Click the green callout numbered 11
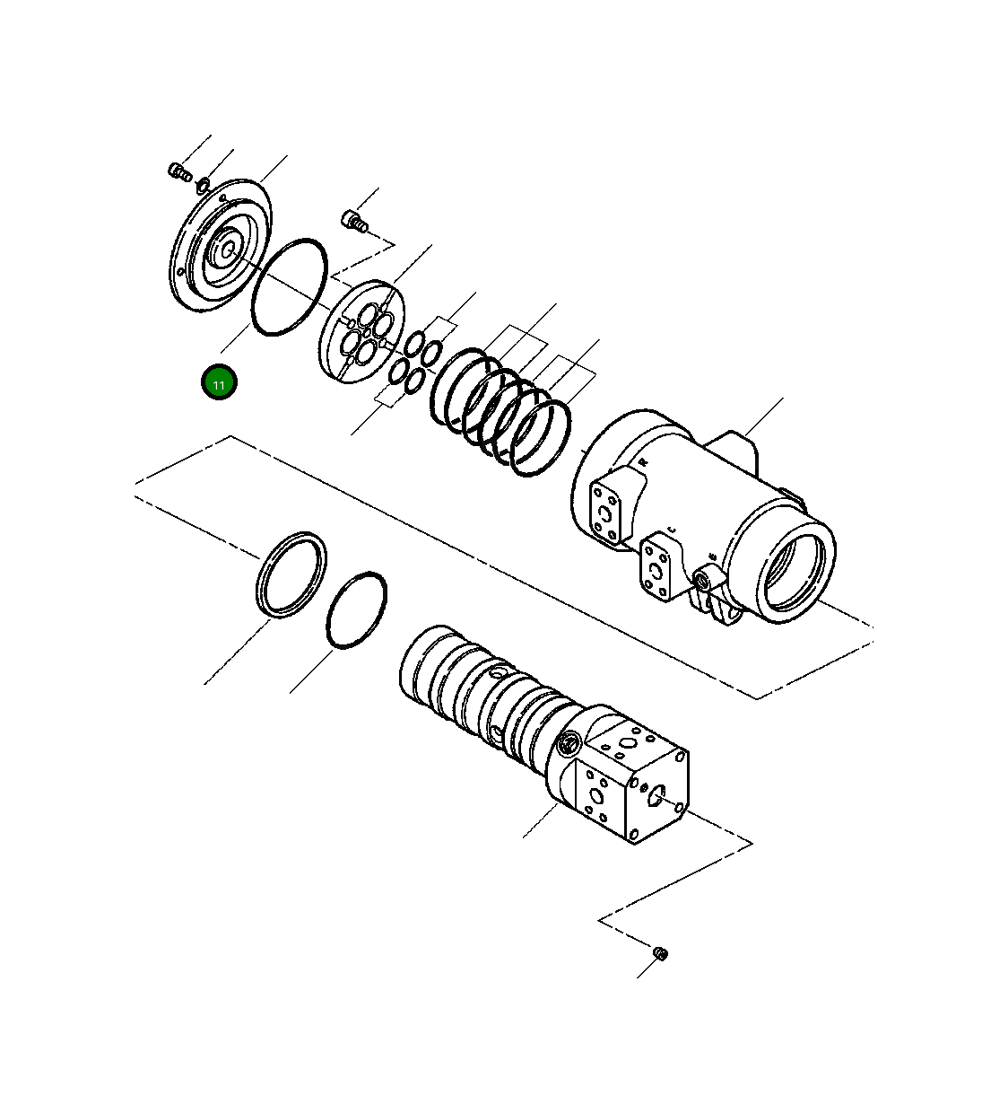click(219, 383)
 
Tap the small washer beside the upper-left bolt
click(203, 185)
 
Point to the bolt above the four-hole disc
click(354, 219)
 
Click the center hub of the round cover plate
click(223, 247)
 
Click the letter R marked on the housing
click(643, 461)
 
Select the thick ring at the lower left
click(291, 574)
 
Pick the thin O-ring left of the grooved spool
click(357, 609)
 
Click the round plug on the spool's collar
click(568, 744)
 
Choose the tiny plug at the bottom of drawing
click(661, 952)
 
